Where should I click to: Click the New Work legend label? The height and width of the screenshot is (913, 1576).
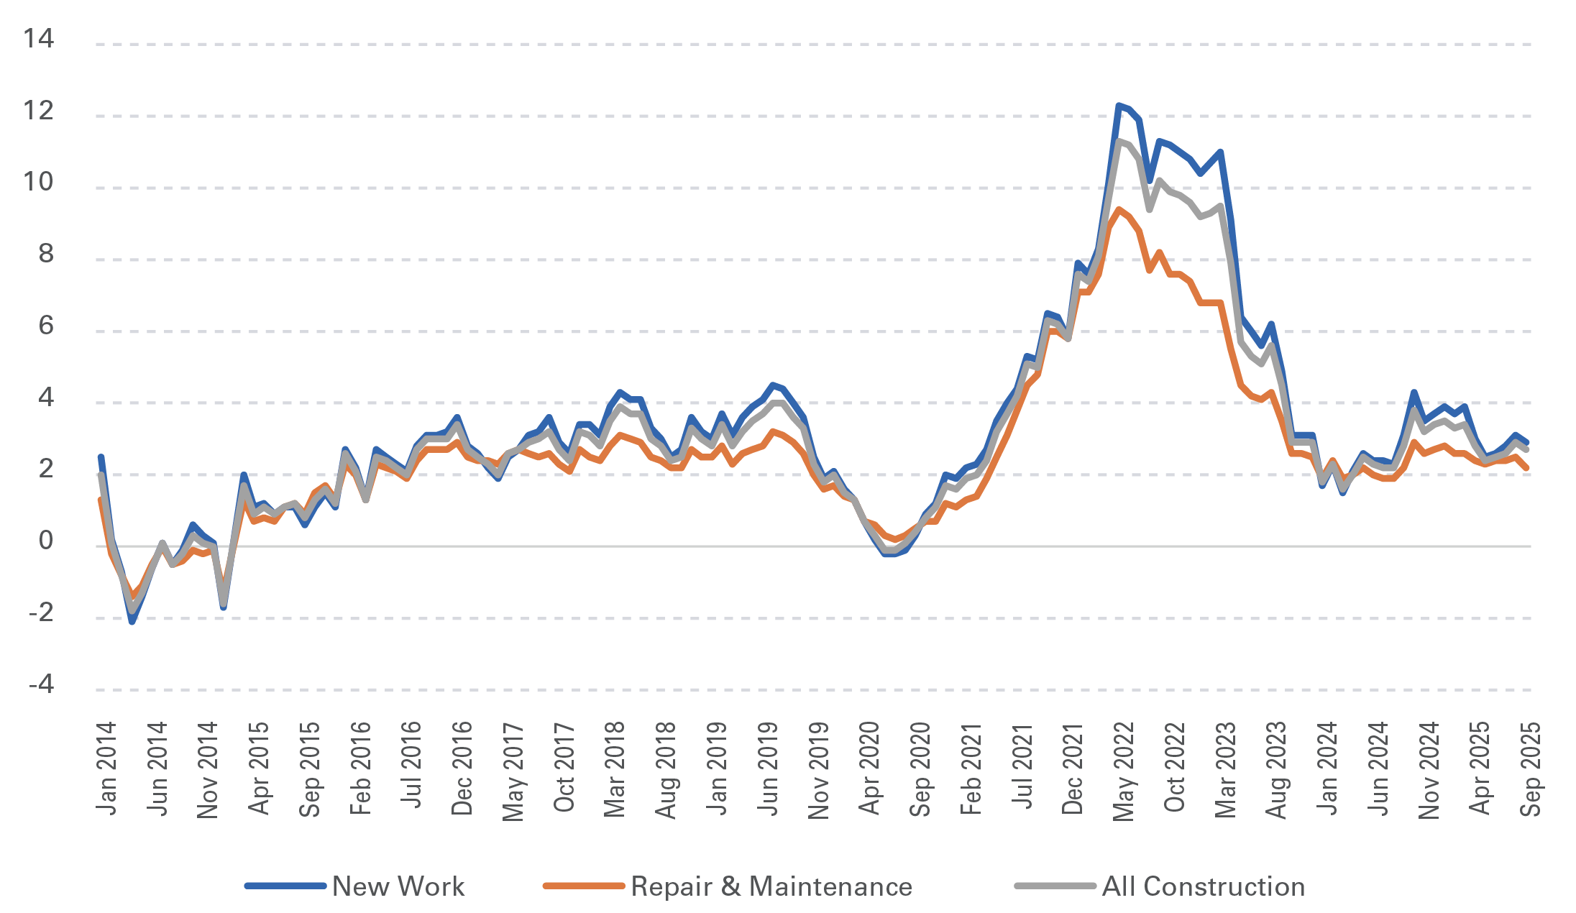[398, 886]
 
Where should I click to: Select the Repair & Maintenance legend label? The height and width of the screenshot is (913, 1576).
[771, 886]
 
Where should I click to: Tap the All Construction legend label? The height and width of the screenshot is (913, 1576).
[1204, 886]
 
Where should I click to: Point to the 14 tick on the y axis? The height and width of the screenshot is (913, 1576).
[39, 38]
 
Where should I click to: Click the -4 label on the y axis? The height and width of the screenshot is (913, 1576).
[42, 684]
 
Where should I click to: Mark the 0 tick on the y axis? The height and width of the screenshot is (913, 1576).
[46, 540]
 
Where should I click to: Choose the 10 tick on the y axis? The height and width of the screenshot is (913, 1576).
[39, 181]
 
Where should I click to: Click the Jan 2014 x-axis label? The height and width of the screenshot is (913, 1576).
[106, 769]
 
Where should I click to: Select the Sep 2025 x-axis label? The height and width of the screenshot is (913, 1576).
[1530, 769]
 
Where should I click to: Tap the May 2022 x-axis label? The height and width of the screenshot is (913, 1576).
[1123, 771]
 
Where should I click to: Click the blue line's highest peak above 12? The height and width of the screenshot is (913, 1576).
[1119, 106]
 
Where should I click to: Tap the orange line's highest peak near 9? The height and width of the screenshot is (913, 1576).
[1119, 209]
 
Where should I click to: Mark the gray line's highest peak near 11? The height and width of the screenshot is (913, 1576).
[1119, 141]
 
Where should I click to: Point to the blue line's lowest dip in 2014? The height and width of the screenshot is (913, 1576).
[132, 621]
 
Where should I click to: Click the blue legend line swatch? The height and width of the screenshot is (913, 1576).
[285, 886]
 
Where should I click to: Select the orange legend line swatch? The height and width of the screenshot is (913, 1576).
[584, 886]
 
